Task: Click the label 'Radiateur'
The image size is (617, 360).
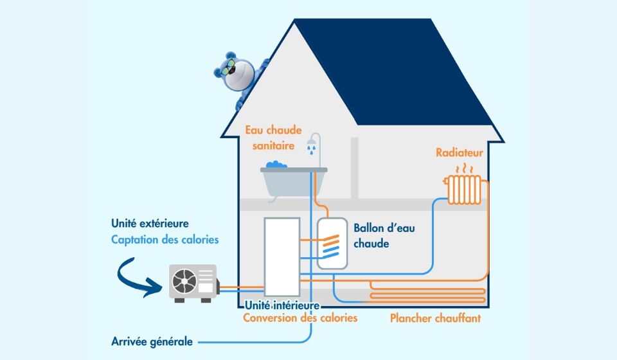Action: click(459, 153)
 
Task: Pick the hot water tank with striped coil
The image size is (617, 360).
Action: click(332, 243)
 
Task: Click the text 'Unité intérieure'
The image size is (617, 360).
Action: click(282, 305)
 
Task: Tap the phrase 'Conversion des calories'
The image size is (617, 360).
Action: click(300, 318)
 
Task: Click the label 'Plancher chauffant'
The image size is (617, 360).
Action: click(435, 318)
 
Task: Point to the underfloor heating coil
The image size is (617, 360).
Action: click(427, 295)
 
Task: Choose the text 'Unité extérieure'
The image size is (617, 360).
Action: click(150, 224)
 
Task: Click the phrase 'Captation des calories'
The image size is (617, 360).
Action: click(165, 240)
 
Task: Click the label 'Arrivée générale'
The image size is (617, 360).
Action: click(152, 341)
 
